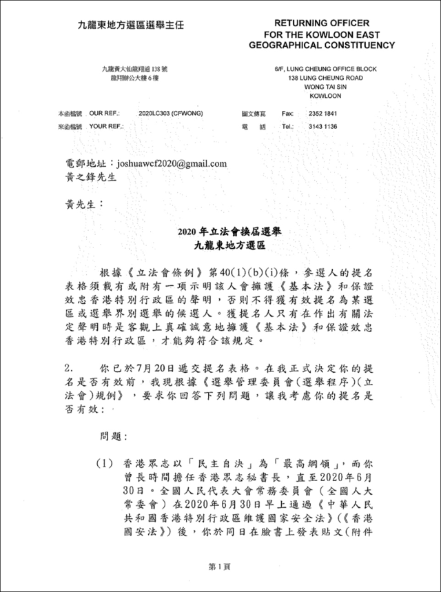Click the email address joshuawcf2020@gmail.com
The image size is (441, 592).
click(172, 164)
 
